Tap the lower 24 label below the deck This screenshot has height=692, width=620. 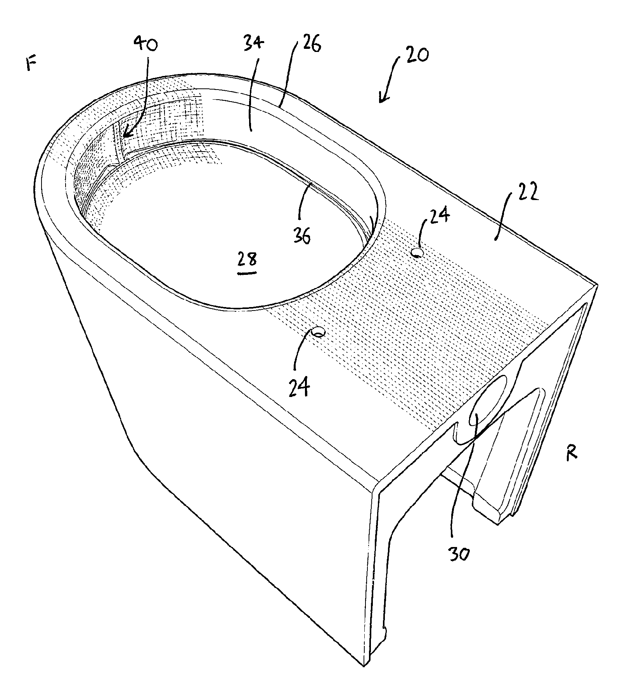click(x=300, y=387)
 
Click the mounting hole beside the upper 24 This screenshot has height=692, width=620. click(x=417, y=252)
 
